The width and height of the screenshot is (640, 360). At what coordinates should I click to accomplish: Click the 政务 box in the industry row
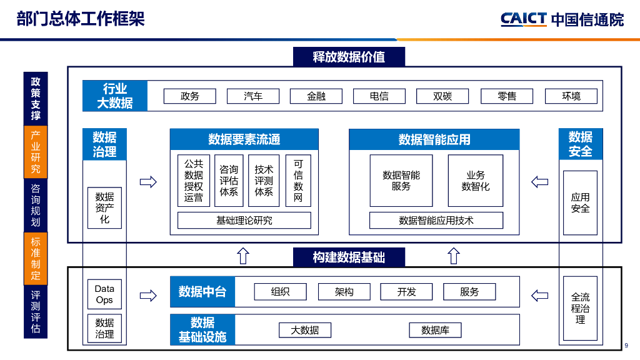tap(189, 96)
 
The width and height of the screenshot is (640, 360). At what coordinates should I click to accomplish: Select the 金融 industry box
tap(316, 96)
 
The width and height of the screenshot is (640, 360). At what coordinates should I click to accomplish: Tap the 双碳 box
tap(442, 96)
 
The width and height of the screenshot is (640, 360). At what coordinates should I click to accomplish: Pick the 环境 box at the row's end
tap(571, 96)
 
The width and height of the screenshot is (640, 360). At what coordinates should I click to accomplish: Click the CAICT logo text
tap(524, 19)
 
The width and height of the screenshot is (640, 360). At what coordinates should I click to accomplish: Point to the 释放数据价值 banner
tap(349, 57)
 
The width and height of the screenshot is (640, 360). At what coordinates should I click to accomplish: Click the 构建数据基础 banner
tap(349, 257)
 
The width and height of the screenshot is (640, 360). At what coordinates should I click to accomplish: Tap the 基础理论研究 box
tap(244, 220)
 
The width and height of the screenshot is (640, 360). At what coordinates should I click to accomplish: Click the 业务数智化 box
tap(475, 181)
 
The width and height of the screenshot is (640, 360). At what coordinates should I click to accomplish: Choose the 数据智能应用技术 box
tap(436, 220)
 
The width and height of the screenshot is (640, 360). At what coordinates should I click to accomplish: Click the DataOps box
tap(104, 294)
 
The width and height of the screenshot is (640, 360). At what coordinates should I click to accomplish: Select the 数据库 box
tap(435, 330)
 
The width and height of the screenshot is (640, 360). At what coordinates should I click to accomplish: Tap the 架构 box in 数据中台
tap(344, 292)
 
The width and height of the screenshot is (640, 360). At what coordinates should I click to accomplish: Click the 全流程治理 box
tap(580, 308)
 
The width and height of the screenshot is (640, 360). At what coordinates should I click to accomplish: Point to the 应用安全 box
tap(580, 202)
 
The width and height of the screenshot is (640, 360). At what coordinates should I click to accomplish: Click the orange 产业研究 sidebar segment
tap(36, 152)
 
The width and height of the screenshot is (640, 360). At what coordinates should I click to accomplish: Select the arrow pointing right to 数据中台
tap(148, 295)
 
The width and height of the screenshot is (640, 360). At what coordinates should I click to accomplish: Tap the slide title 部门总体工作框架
tap(81, 19)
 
